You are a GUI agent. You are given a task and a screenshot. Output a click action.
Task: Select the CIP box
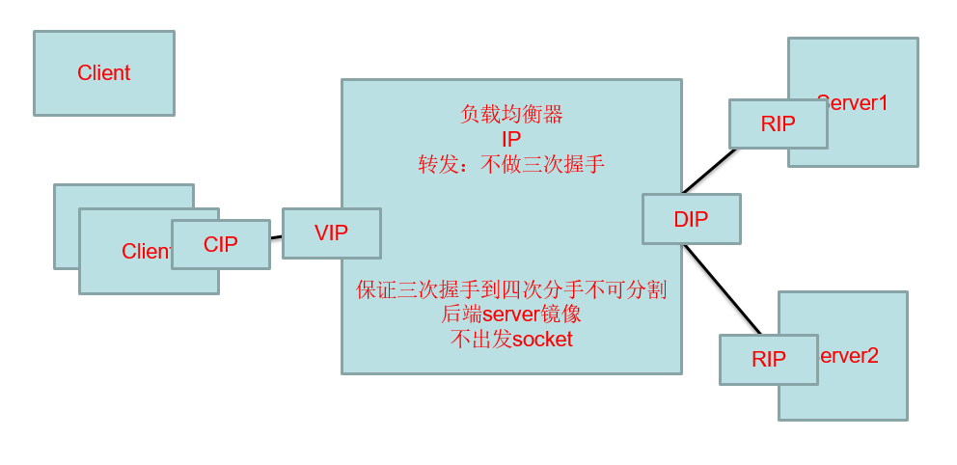pos(220,245)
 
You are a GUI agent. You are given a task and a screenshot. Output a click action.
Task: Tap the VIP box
pos(331,233)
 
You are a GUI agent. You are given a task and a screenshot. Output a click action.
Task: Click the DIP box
pos(691,219)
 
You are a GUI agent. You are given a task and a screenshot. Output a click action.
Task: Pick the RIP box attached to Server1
pos(778,124)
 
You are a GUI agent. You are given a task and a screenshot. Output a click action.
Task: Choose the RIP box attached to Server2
pos(768,360)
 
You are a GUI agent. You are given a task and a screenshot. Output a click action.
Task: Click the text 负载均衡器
pos(511,115)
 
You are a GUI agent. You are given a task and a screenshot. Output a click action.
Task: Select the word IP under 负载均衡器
pos(511,140)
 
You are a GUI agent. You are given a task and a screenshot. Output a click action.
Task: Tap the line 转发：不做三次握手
pos(511,164)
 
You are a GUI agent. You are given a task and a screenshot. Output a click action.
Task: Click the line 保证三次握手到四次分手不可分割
pos(511,290)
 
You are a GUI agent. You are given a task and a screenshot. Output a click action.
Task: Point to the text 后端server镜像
pos(511,315)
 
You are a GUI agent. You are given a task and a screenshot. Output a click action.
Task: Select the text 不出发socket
pos(511,340)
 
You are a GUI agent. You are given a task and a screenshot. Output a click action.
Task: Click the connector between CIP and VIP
pos(276,236)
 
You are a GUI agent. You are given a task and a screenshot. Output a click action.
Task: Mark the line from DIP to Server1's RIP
pos(710,171)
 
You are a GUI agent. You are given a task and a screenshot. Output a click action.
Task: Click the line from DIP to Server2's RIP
pos(722,288)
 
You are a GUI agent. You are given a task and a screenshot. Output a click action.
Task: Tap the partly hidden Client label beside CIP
pos(146,252)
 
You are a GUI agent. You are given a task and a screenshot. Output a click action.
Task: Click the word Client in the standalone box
pos(104,73)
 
